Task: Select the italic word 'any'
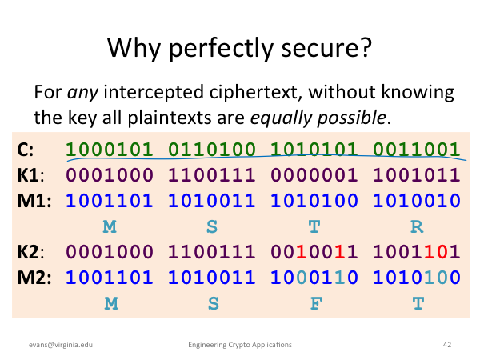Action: (x=82, y=93)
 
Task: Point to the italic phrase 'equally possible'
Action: (x=318, y=118)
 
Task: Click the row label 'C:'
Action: (x=26, y=150)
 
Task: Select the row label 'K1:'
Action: (x=30, y=175)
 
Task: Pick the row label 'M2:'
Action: (x=34, y=278)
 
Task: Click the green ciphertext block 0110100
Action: (x=212, y=150)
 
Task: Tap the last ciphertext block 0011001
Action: (x=417, y=150)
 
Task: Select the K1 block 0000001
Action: (x=314, y=175)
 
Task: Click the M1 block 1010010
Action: (x=417, y=201)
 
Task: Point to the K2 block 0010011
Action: (x=314, y=252)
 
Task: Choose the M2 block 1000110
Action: (x=314, y=278)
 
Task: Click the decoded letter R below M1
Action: (x=417, y=227)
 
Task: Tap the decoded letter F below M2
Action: (x=316, y=304)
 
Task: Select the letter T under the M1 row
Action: (x=314, y=227)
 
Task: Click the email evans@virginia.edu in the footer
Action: (x=61, y=345)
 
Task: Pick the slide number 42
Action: (x=447, y=345)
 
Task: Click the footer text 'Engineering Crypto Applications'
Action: (x=240, y=345)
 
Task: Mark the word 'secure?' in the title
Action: (x=326, y=48)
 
